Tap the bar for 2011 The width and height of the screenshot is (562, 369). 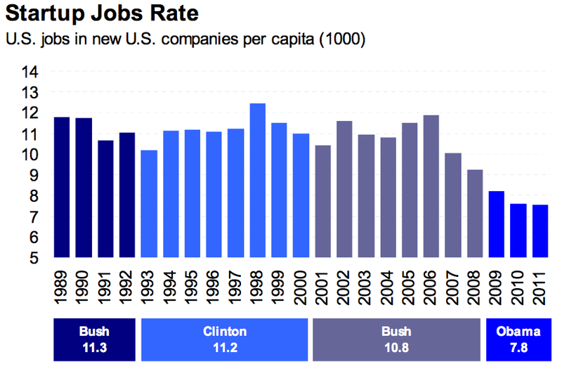click(x=540, y=232)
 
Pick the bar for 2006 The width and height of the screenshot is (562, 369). click(x=431, y=187)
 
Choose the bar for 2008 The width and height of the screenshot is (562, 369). click(x=475, y=214)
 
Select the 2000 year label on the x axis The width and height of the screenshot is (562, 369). click(x=301, y=289)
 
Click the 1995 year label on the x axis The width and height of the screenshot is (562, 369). click(x=192, y=289)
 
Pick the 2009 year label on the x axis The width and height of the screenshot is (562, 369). click(x=497, y=289)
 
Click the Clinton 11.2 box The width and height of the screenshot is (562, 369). click(x=225, y=337)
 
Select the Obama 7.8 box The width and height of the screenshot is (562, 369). click(x=518, y=337)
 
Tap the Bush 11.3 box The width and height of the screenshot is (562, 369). click(x=94, y=337)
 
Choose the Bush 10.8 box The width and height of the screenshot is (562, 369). click(x=396, y=337)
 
